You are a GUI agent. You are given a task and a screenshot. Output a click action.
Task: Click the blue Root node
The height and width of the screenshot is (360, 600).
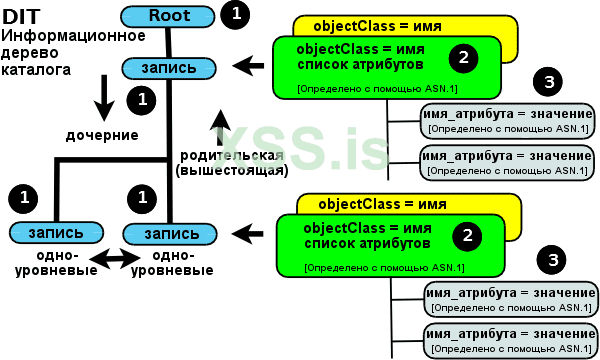point(168,16)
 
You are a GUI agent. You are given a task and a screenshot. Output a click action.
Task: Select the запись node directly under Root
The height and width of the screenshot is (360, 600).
point(169,68)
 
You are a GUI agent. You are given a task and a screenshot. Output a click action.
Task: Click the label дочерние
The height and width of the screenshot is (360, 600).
point(102,135)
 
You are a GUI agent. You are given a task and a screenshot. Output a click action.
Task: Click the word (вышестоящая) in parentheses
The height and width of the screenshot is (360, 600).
point(232,171)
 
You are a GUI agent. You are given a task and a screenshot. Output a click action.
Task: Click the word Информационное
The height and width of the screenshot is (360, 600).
point(59,36)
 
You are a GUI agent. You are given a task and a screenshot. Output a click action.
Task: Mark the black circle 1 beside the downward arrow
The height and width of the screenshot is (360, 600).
point(141,99)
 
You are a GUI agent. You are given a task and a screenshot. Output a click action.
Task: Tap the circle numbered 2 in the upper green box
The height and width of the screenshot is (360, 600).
point(461,58)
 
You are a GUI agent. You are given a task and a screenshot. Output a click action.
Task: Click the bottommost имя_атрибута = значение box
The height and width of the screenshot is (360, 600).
point(510,338)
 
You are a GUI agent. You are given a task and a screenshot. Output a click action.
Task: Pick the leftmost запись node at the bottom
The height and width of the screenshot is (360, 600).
point(47,233)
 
